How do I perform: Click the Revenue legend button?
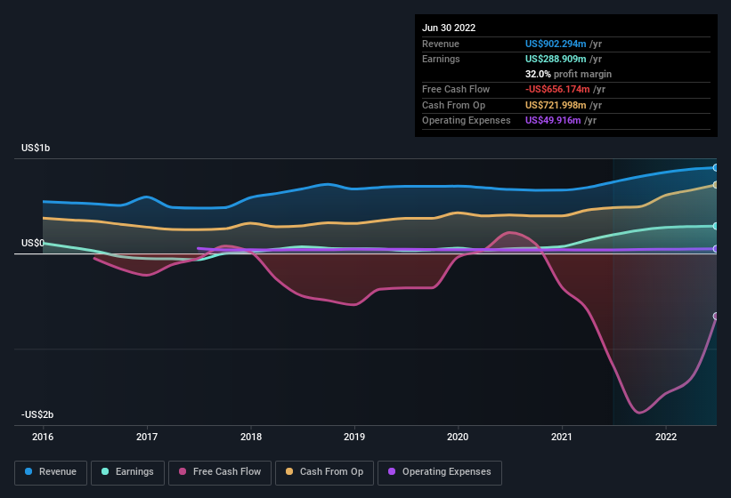click(51, 472)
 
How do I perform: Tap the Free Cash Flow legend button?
click(220, 472)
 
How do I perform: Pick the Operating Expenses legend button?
click(440, 472)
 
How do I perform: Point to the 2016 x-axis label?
click(44, 438)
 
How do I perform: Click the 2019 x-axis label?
click(354, 438)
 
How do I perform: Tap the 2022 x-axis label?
click(666, 438)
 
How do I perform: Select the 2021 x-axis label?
click(562, 438)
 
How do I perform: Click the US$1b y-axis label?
click(36, 148)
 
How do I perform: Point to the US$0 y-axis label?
click(33, 243)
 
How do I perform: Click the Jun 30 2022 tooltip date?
click(449, 28)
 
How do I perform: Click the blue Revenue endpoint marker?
click(716, 167)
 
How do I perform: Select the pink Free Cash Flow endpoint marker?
click(716, 317)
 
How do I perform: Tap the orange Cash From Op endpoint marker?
click(716, 185)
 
